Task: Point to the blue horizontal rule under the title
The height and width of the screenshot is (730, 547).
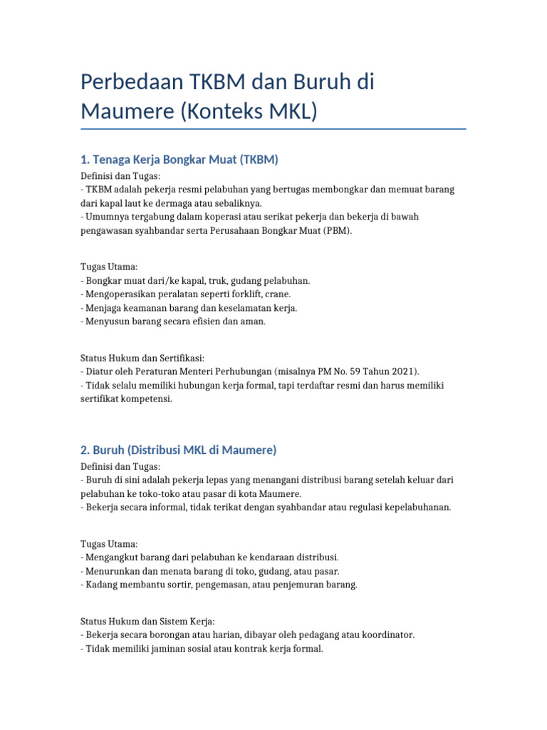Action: pos(273,129)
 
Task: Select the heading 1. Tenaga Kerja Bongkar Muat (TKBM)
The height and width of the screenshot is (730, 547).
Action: pos(179,160)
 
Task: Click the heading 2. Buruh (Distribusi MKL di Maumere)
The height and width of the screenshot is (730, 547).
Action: pos(178,450)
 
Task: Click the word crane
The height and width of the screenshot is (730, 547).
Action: pos(278,294)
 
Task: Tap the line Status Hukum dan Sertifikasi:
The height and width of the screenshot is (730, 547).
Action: pos(142,358)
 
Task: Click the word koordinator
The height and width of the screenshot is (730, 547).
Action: pos(386,634)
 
